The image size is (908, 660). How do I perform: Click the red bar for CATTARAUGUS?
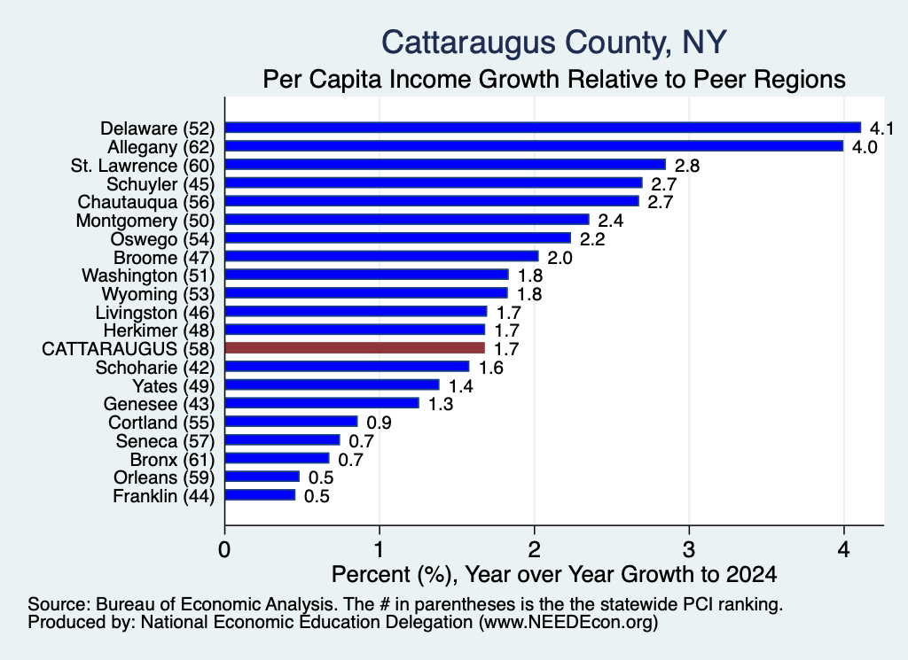(x=355, y=348)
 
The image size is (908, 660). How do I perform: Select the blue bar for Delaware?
(x=544, y=128)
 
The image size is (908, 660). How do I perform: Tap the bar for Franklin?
(x=260, y=495)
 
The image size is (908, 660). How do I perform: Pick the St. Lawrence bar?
(x=445, y=165)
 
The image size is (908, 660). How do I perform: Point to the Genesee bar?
(x=322, y=403)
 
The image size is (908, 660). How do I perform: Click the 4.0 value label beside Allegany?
(x=865, y=147)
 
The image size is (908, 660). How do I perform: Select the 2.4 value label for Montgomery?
(x=610, y=221)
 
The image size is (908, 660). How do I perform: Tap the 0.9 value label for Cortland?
(x=380, y=423)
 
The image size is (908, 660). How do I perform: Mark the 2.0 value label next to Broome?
(x=560, y=258)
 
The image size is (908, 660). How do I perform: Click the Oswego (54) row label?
(x=163, y=239)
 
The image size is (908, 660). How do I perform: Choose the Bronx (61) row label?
(x=173, y=460)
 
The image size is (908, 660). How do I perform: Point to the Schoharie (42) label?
(x=155, y=368)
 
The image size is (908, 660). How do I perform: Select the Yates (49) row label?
(x=174, y=386)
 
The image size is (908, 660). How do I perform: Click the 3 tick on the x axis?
(x=689, y=549)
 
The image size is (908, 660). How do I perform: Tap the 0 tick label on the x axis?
(x=224, y=549)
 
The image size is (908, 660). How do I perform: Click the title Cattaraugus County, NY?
(x=554, y=43)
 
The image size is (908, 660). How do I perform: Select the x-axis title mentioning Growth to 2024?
(x=554, y=574)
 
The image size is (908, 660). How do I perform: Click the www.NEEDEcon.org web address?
(x=568, y=623)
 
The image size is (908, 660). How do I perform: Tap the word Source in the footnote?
(x=59, y=604)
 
